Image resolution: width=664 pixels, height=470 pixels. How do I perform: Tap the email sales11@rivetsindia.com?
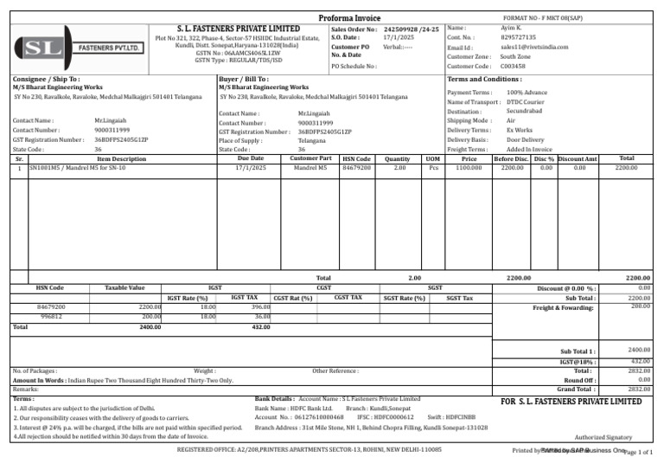(534, 48)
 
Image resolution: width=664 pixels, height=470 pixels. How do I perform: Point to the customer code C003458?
(514, 66)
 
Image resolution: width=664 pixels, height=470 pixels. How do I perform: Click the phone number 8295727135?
(519, 38)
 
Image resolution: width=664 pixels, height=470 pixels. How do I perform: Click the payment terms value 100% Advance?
(527, 92)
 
